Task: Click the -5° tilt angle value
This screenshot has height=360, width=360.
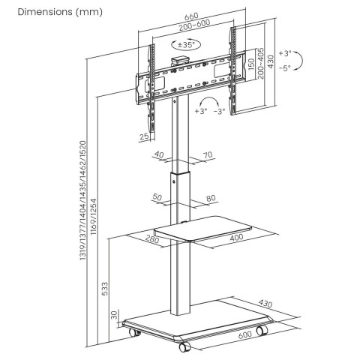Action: coord(284,67)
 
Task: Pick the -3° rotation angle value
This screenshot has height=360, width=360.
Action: coord(219,111)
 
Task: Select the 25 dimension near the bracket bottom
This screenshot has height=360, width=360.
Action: coord(143,136)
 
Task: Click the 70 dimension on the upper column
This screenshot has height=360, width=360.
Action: coord(208,156)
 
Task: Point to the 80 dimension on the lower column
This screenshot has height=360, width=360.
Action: coord(211,198)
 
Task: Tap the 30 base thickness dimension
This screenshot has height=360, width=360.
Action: coord(113,314)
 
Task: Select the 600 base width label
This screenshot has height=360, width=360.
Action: coord(244,336)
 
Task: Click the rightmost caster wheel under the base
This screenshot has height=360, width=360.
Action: coord(262,331)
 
